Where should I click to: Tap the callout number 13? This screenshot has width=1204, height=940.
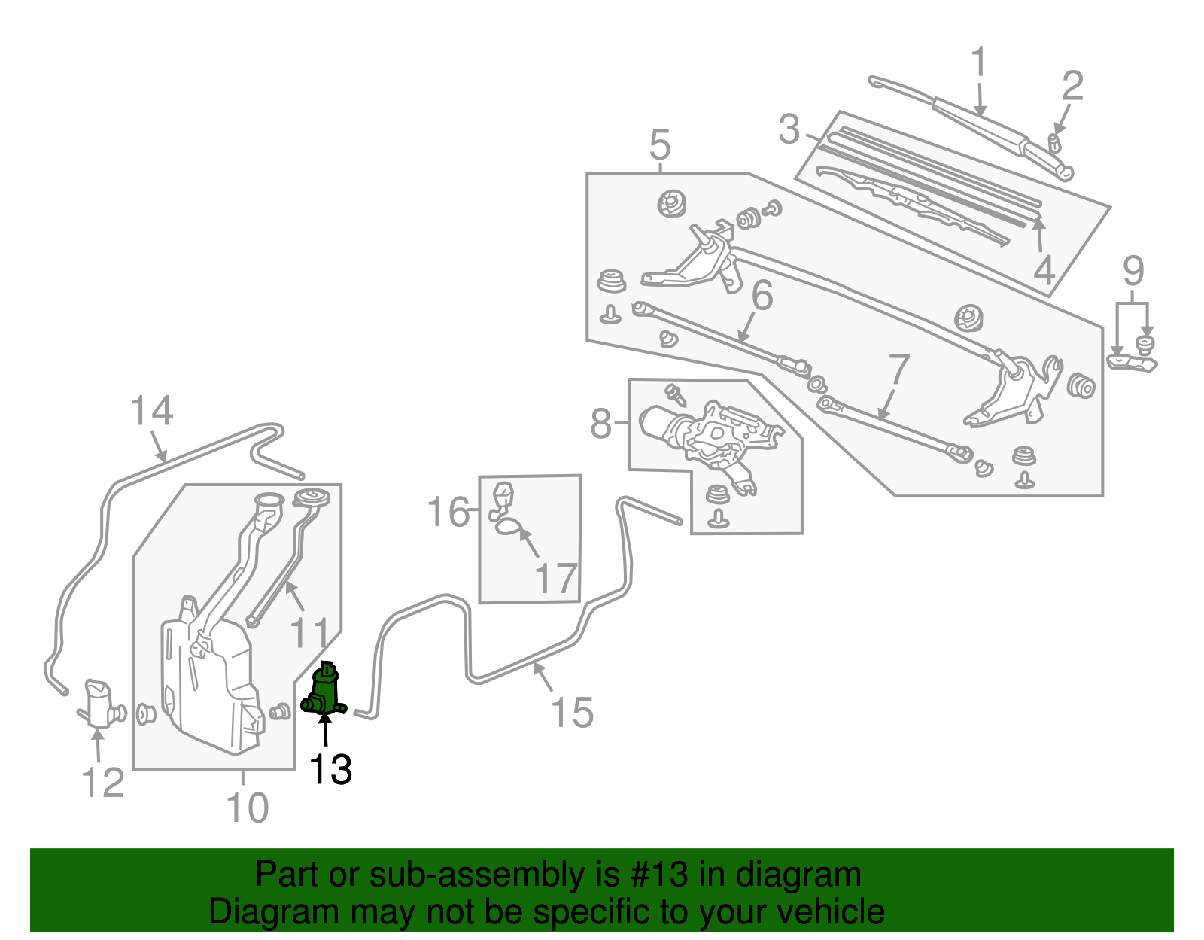[330, 770]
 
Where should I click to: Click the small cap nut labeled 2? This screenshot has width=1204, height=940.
[1055, 141]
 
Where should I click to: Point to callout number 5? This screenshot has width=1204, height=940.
[659, 144]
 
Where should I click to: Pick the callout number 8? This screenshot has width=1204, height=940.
[601, 424]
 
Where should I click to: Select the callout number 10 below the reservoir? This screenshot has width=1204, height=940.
[247, 808]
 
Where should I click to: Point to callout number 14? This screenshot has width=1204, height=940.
[151, 411]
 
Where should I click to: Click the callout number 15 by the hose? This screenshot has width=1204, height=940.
[572, 712]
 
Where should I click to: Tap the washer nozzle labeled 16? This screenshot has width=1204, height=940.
[501, 499]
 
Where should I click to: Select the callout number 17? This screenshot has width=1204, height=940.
[555, 579]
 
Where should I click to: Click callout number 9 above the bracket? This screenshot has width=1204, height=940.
[1133, 271]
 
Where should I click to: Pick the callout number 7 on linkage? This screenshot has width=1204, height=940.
[898, 370]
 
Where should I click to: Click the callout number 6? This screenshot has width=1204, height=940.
[762, 295]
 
